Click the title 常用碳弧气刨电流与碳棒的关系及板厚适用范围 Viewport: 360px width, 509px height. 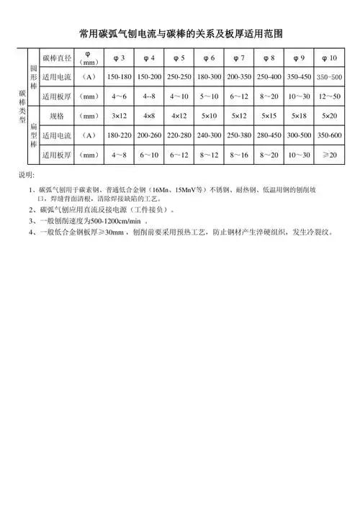coord(180,33)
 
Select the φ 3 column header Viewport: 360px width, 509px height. coord(117,58)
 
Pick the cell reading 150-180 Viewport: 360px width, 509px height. coord(117,76)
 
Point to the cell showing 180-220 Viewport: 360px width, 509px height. coord(117,135)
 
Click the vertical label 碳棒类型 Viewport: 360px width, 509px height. coord(22,107)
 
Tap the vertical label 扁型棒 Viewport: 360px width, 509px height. coord(32,135)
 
